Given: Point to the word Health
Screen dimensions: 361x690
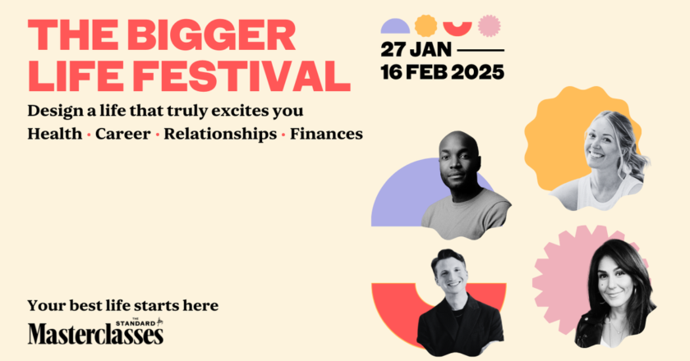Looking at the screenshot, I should pyautogui.click(x=54, y=134).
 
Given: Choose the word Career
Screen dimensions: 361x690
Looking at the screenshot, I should pyautogui.click(x=122, y=134).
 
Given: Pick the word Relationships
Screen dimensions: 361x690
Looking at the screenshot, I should pyautogui.click(x=220, y=134).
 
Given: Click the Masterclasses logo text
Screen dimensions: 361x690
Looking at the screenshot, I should pyautogui.click(x=95, y=335).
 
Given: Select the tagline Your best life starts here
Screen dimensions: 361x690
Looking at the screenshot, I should pyautogui.click(x=122, y=305).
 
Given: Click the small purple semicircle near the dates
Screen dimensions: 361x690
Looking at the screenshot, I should pyautogui.click(x=395, y=27).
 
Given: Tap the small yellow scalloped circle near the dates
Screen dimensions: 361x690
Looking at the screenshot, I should pyautogui.click(x=425, y=25).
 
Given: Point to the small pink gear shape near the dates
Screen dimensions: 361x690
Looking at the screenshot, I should pyautogui.click(x=489, y=25).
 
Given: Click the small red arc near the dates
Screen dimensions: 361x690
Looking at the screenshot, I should pyautogui.click(x=458, y=27).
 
